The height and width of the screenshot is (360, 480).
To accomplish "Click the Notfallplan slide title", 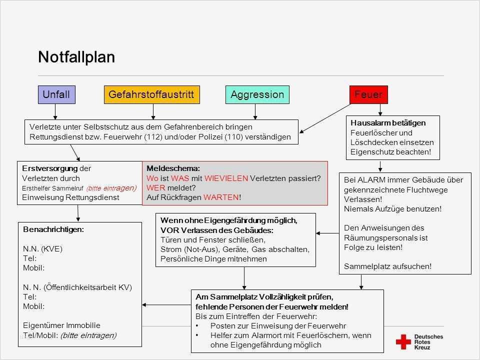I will click(x=76, y=57).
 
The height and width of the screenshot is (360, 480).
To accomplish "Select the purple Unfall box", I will click(x=56, y=94).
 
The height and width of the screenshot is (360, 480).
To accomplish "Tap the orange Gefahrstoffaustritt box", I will click(x=151, y=94).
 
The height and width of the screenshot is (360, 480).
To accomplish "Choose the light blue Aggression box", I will click(x=257, y=94).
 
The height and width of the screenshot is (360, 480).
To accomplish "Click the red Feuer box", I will click(x=368, y=94).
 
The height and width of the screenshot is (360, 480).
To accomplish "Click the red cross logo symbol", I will click(x=403, y=341).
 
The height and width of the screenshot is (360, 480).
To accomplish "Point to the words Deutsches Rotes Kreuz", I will click(x=428, y=341).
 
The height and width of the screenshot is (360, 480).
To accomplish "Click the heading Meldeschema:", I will click(x=173, y=168).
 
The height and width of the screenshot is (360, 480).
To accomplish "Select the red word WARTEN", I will click(x=221, y=197).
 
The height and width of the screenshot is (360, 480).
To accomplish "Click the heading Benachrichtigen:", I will click(x=53, y=229).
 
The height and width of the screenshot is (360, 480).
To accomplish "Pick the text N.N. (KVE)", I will click(x=43, y=248).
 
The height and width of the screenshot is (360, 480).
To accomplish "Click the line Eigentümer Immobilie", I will click(x=61, y=325).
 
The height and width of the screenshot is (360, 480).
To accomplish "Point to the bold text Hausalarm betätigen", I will click(x=388, y=122).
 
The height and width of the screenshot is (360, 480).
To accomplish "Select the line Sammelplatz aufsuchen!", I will click(x=387, y=266).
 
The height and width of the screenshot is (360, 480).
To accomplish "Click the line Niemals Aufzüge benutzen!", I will click(x=393, y=209).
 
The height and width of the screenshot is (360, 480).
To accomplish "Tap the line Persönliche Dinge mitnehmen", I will click(x=213, y=259).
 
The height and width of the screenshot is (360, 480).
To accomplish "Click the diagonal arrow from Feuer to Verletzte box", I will click(x=325, y=118).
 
